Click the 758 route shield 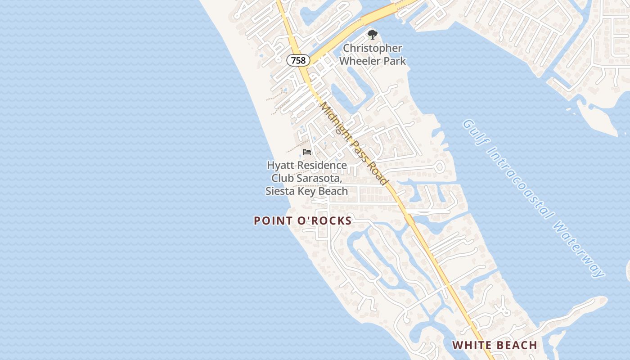click(x=298, y=60)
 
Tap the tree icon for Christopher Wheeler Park click(x=372, y=35)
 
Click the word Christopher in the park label click(x=373, y=48)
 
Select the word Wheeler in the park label click(x=357, y=61)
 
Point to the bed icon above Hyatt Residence click(x=307, y=152)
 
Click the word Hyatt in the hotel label click(x=280, y=165)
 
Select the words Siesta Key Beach click(x=306, y=191)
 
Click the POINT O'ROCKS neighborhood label click(x=302, y=221)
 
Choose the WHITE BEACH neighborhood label click(x=495, y=345)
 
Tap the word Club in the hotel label click(x=283, y=178)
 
